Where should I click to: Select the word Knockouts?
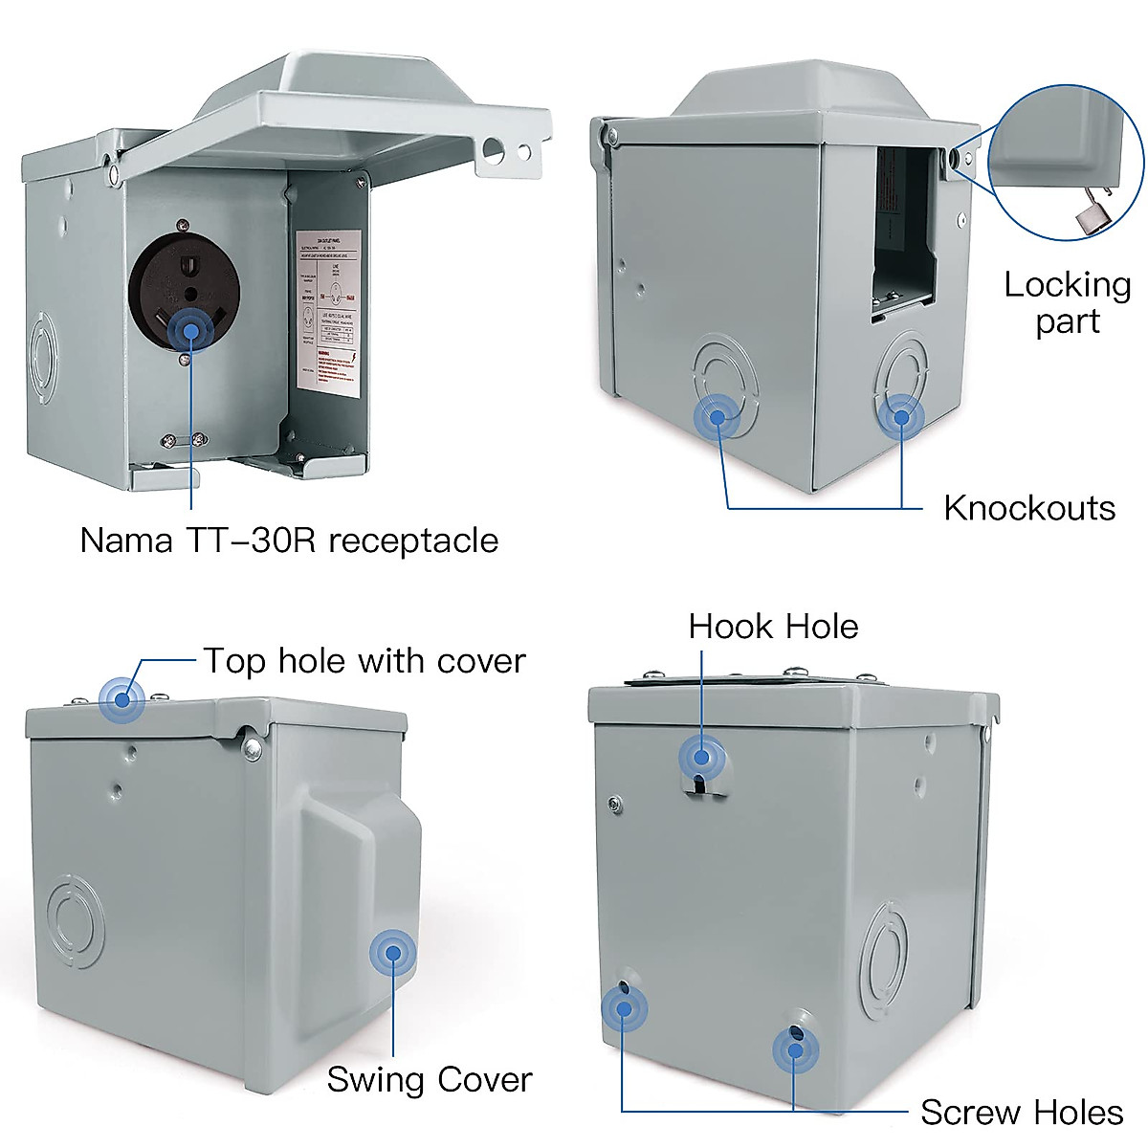[1028, 508]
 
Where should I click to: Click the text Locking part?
[1067, 302]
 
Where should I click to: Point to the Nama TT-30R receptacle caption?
[289, 541]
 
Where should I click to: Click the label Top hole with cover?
[364, 661]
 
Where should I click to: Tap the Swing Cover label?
[429, 1079]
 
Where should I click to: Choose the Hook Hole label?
[773, 627]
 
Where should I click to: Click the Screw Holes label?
[1021, 1113]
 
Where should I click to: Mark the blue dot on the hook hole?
[702, 758]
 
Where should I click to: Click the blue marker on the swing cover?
[392, 953]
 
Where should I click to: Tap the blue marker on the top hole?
[121, 698]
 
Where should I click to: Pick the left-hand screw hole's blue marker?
[624, 1007]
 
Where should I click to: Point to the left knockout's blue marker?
[717, 417]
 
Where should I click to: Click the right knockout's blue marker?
[900, 417]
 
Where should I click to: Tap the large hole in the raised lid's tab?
[493, 147]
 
